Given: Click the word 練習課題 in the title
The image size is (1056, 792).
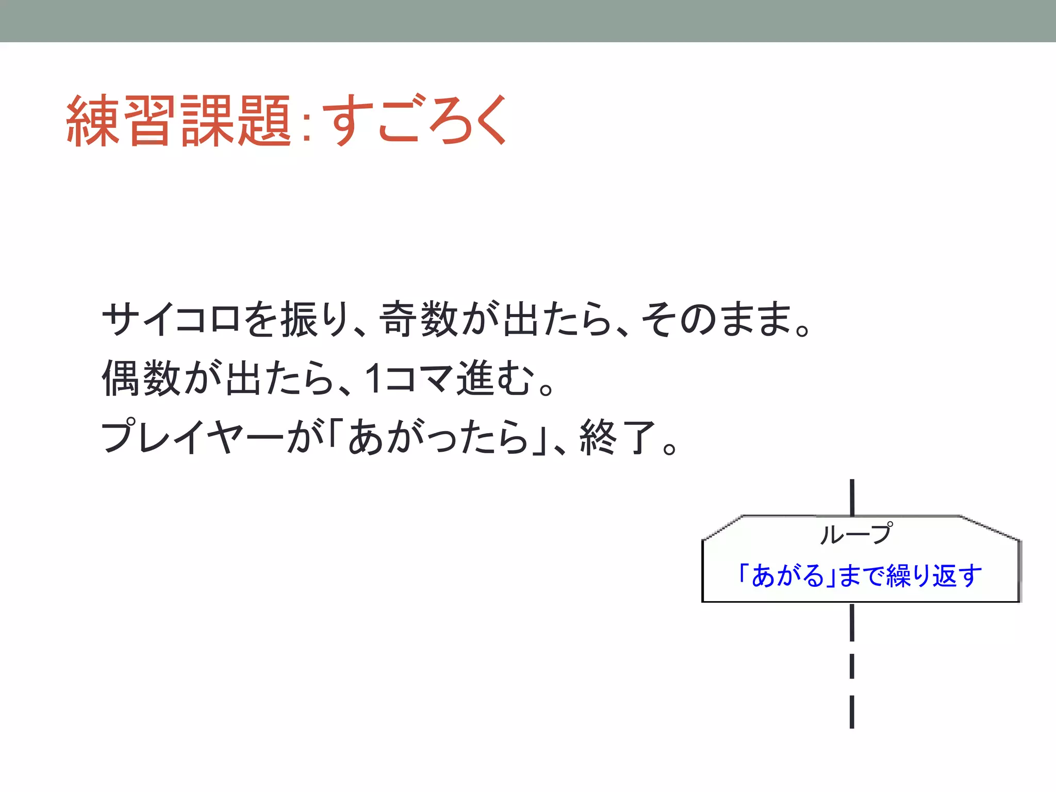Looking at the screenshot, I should (178, 121).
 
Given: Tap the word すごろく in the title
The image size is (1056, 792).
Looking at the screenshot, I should (417, 121).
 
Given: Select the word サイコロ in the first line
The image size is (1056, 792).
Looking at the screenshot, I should (170, 319).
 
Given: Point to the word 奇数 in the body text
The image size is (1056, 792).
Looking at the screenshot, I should (419, 319).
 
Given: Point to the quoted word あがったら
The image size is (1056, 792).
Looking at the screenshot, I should (438, 437).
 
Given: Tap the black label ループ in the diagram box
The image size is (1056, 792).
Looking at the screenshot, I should (855, 534).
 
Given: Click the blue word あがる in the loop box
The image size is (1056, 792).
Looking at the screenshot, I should (788, 576).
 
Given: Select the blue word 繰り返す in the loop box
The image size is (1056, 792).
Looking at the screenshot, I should (933, 576).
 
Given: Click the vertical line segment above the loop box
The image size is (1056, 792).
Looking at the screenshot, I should (852, 497).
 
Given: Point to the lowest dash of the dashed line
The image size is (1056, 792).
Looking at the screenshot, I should (852, 712).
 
